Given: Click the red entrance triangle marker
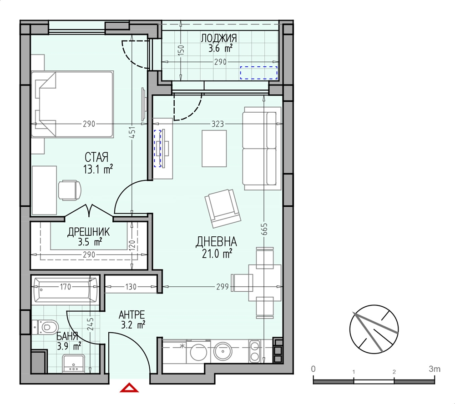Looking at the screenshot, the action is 129,388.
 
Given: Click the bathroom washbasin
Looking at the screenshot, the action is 74,364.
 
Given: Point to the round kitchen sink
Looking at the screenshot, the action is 223,351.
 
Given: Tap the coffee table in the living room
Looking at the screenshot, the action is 214,149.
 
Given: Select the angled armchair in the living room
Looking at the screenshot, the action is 222,208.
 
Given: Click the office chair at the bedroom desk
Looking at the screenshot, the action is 69,190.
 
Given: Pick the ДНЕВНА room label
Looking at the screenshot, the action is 216,242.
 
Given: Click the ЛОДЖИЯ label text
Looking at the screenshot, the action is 219,38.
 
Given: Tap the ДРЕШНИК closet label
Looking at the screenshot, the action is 89,232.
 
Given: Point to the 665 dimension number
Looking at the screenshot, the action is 264,229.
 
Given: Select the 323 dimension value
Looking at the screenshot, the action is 217,124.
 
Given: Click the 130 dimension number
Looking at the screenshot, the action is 131,287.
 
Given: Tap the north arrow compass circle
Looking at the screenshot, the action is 374,329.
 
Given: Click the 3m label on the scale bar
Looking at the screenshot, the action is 435,369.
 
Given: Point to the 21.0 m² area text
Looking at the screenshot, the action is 217,254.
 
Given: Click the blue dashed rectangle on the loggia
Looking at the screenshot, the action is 258,73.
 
